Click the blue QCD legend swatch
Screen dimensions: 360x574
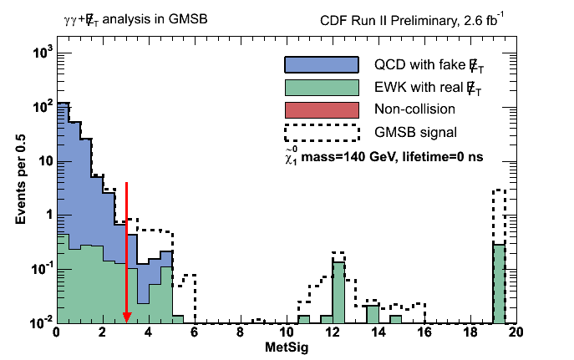(322, 64)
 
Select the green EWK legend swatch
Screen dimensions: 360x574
(322, 87)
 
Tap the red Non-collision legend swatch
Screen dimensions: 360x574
(322, 109)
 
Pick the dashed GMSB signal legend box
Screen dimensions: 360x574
(322, 132)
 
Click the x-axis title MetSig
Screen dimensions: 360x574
(286, 347)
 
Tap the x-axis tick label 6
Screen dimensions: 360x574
(194, 332)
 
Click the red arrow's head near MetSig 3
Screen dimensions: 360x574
(126, 317)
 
